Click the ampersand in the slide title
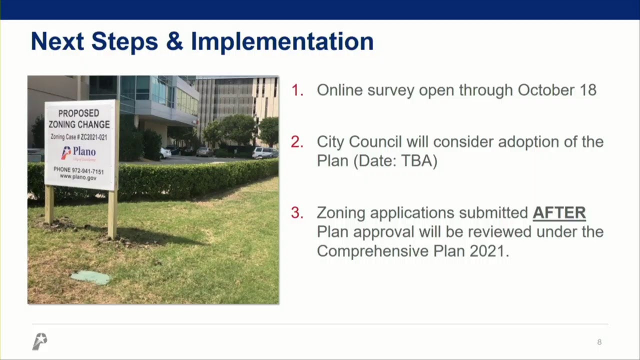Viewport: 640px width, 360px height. coord(174,42)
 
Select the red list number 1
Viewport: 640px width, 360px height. coord(297,90)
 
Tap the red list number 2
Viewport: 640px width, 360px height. coord(297,142)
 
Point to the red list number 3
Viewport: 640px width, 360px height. coord(297,213)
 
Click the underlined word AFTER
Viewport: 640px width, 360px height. coord(559,213)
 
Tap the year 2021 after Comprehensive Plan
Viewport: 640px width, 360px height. coord(488,251)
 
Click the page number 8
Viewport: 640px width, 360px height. coord(599,342)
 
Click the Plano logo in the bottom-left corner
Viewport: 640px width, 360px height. coord(39,341)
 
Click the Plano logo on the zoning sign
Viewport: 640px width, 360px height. coord(78,152)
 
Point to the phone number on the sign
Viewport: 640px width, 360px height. coord(79,170)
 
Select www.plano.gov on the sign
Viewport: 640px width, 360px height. coord(78,177)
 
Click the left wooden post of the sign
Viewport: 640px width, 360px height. coord(49,205)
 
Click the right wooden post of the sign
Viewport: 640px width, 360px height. coord(112,213)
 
